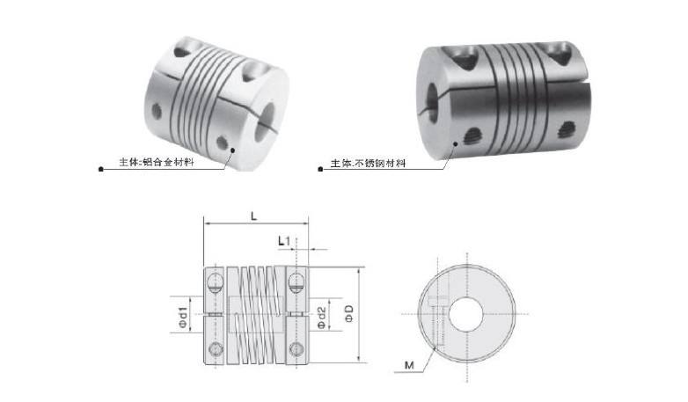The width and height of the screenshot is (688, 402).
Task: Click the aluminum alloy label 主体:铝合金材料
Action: coord(157,163)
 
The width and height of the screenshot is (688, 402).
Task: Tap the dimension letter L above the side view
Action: coord(253,215)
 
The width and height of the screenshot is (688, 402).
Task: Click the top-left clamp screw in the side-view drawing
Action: coord(215,283)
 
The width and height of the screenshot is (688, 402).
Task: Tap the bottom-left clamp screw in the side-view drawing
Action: coord(215,345)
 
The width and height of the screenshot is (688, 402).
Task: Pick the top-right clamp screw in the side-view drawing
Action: coord(297,283)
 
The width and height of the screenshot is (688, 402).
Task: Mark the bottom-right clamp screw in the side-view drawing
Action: coord(297,345)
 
